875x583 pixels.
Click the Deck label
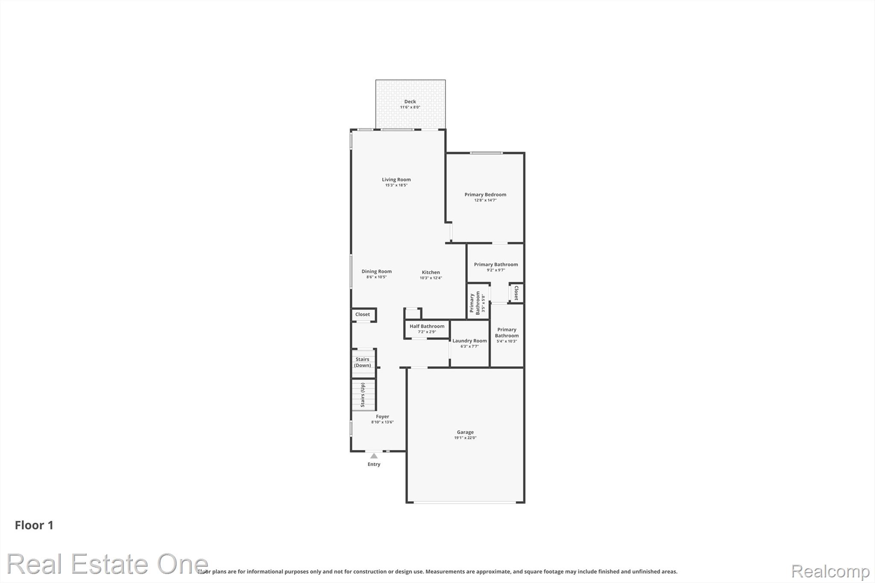pyautogui.click(x=410, y=102)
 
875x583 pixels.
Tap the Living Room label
pyautogui.click(x=396, y=180)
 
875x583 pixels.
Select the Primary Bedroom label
pyautogui.click(x=485, y=195)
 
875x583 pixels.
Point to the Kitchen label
pyautogui.click(x=431, y=272)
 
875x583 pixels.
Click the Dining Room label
pyautogui.click(x=376, y=272)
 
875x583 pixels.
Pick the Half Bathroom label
pyautogui.click(x=427, y=326)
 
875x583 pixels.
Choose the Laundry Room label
pyautogui.click(x=470, y=341)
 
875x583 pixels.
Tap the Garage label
pyautogui.click(x=465, y=432)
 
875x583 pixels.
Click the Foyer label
pyautogui.click(x=382, y=417)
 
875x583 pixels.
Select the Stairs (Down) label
pyautogui.click(x=362, y=363)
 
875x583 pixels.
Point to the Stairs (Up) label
pyautogui.click(x=363, y=395)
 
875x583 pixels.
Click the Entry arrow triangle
pyautogui.click(x=374, y=456)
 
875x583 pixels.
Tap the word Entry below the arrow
pyautogui.click(x=374, y=464)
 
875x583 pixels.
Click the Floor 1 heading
pyautogui.click(x=34, y=525)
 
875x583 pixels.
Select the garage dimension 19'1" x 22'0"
pyautogui.click(x=465, y=438)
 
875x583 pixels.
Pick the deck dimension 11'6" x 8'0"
pyautogui.click(x=410, y=107)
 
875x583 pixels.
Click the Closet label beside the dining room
pyautogui.click(x=363, y=314)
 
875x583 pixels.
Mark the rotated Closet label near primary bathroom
pyautogui.click(x=516, y=293)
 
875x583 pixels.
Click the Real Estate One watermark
pyautogui.click(x=107, y=564)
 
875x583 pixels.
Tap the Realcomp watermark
pyautogui.click(x=831, y=571)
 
